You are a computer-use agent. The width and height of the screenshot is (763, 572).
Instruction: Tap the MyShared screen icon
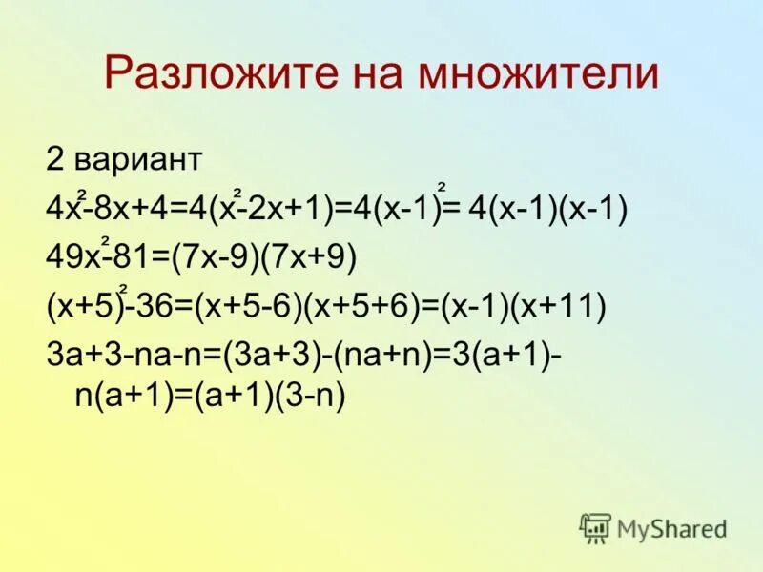click(x=595, y=528)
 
